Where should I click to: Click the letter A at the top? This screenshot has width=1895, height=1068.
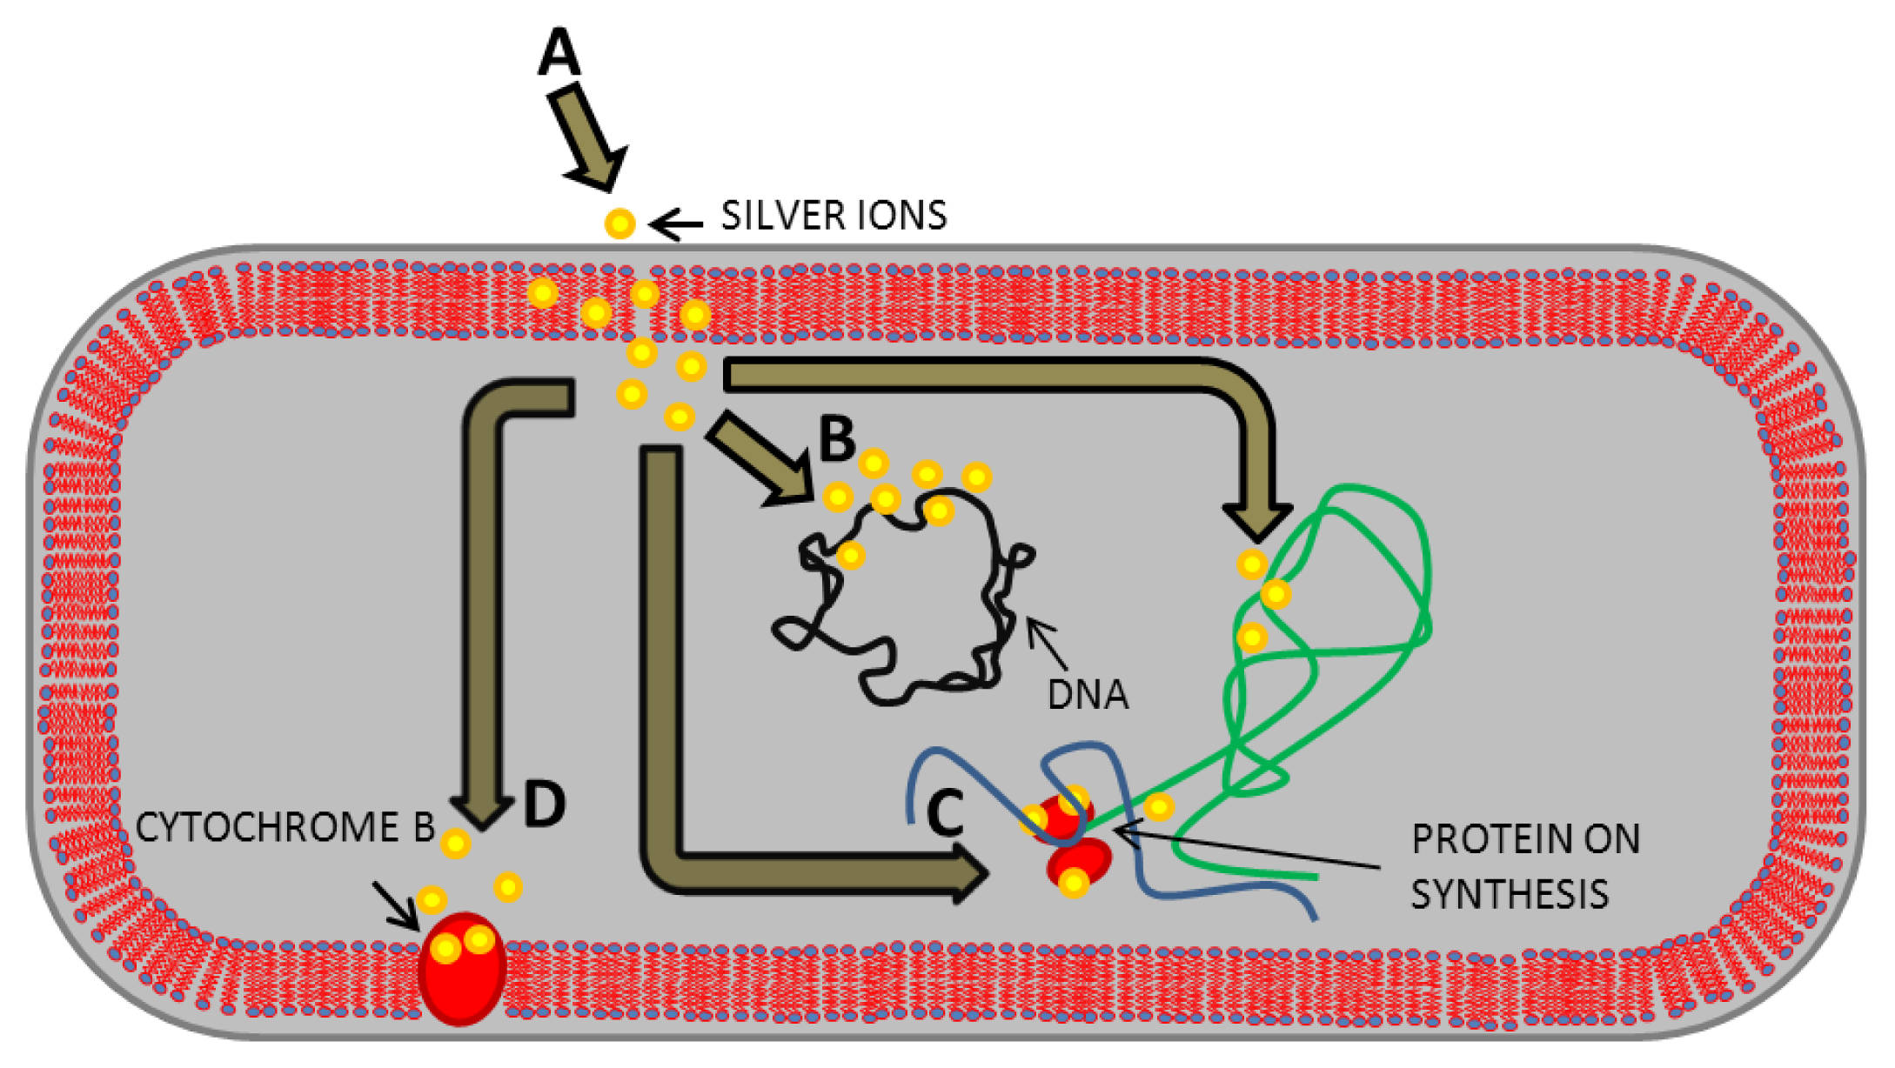click(x=559, y=51)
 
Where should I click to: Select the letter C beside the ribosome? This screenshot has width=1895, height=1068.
click(x=946, y=813)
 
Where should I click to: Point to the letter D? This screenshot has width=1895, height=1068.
click(x=545, y=804)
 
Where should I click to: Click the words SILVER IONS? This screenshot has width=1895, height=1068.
click(x=834, y=216)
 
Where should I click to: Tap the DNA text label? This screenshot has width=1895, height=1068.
click(x=1088, y=695)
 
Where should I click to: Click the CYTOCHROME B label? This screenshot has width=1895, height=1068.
click(x=285, y=827)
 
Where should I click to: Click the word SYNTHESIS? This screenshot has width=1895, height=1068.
click(x=1510, y=894)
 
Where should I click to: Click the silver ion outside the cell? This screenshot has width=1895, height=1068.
click(x=619, y=224)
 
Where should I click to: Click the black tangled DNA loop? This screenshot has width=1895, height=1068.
click(x=905, y=600)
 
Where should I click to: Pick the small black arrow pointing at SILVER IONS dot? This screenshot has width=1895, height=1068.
click(x=677, y=225)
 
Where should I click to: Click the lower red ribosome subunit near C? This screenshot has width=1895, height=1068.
click(x=1080, y=865)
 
